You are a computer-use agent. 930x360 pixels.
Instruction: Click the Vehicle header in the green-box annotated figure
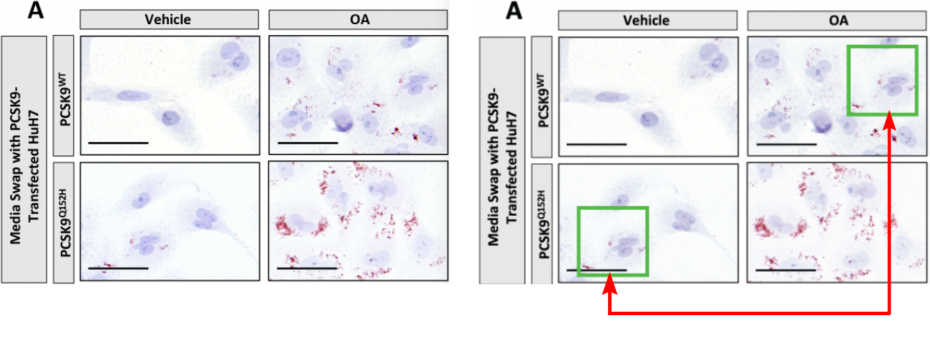(647, 21)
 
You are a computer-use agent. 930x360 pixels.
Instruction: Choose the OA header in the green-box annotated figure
(838, 21)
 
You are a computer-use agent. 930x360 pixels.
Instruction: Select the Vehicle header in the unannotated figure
(168, 19)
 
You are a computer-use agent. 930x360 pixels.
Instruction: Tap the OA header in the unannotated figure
(360, 19)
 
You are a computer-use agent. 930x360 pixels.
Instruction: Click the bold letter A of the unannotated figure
(36, 10)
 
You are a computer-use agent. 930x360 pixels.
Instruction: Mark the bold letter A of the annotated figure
(514, 10)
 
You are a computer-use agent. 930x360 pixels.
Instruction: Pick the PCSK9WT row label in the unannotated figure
(64, 99)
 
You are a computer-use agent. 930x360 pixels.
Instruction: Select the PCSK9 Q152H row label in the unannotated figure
(64, 223)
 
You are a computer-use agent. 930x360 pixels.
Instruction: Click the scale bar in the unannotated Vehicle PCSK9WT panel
(119, 143)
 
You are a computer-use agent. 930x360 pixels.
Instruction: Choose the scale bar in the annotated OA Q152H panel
(786, 270)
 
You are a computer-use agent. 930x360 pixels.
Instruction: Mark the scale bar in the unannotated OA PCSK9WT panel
(307, 143)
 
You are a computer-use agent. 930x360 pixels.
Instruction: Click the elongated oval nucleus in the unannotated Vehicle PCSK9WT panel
(134, 96)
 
